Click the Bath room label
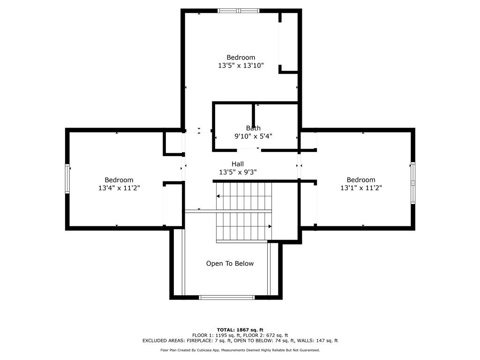253,128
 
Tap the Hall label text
238,164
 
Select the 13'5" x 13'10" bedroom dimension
241,66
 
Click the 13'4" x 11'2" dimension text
119,188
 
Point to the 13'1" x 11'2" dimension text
361,188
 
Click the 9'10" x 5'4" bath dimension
253,136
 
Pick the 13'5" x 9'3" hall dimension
238,172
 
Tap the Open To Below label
230,263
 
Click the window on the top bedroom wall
239,11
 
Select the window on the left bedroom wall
67,179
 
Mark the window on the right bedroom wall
413,183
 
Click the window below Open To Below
227,297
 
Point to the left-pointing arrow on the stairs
218,196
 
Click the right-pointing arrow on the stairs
270,226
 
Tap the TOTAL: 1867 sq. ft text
240,330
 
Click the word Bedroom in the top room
241,58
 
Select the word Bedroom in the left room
119,180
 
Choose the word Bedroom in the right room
361,180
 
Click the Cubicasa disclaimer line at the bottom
240,350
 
